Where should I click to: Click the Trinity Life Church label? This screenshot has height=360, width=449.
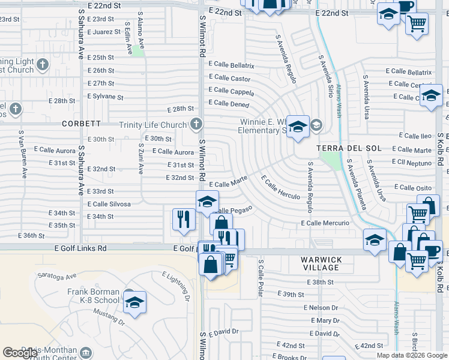(152, 125)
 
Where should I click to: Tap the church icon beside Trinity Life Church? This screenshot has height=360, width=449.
(195, 125)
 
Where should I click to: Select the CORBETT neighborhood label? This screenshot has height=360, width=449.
(81, 124)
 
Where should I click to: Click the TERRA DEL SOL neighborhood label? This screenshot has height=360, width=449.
(341, 148)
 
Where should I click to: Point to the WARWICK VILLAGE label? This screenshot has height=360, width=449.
(321, 265)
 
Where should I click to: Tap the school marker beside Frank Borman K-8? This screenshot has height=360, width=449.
(135, 304)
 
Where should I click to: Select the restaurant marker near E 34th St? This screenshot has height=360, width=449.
(184, 219)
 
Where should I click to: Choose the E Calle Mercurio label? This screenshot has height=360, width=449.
(325, 223)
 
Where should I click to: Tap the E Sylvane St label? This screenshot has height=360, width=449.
(105, 97)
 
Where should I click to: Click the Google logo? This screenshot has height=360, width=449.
(20, 353)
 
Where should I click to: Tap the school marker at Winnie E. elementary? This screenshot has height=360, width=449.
(298, 128)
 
